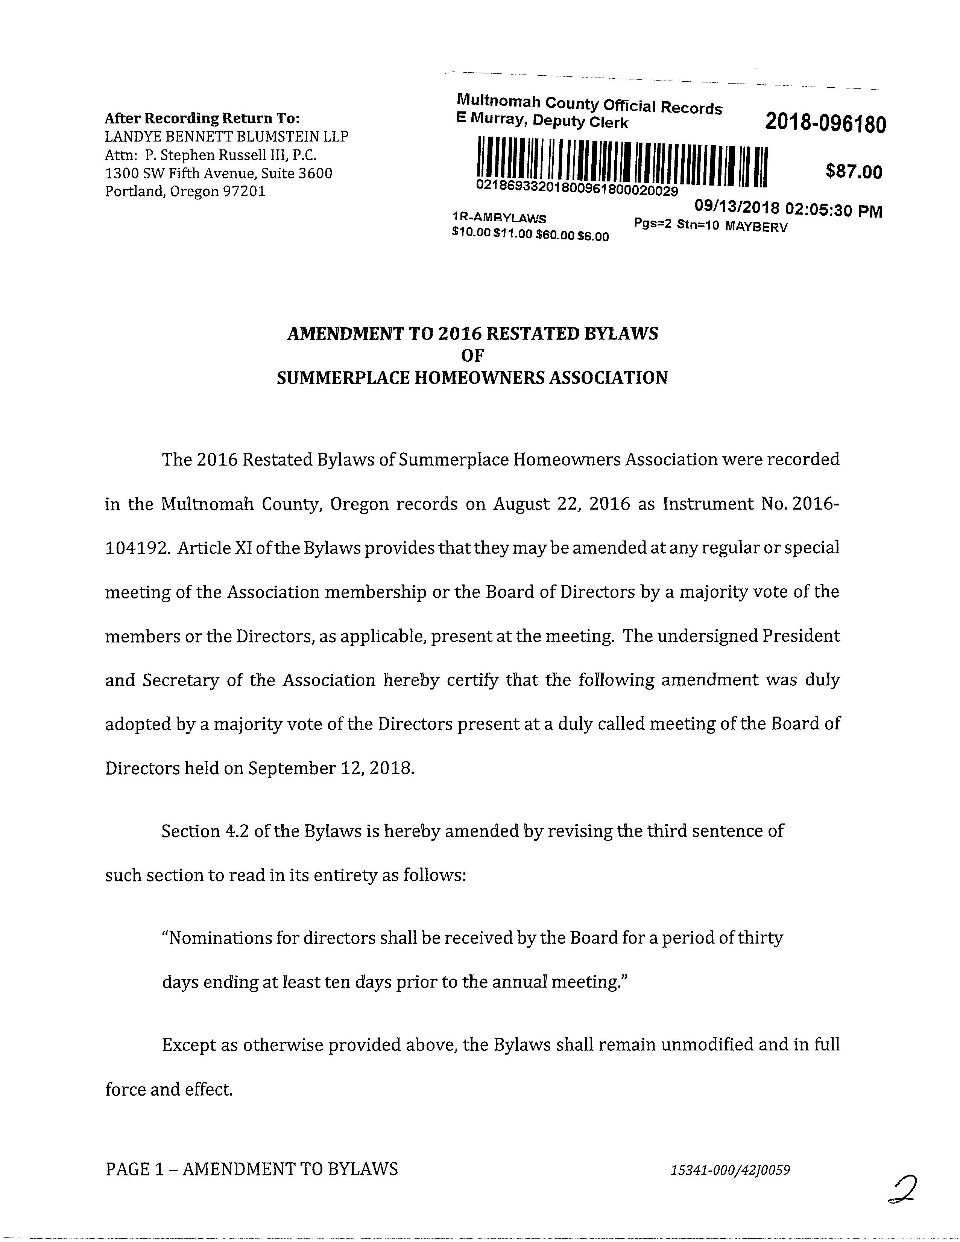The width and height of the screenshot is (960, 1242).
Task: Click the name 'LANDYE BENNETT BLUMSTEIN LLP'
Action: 226,137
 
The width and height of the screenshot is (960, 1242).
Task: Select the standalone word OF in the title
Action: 472,355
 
